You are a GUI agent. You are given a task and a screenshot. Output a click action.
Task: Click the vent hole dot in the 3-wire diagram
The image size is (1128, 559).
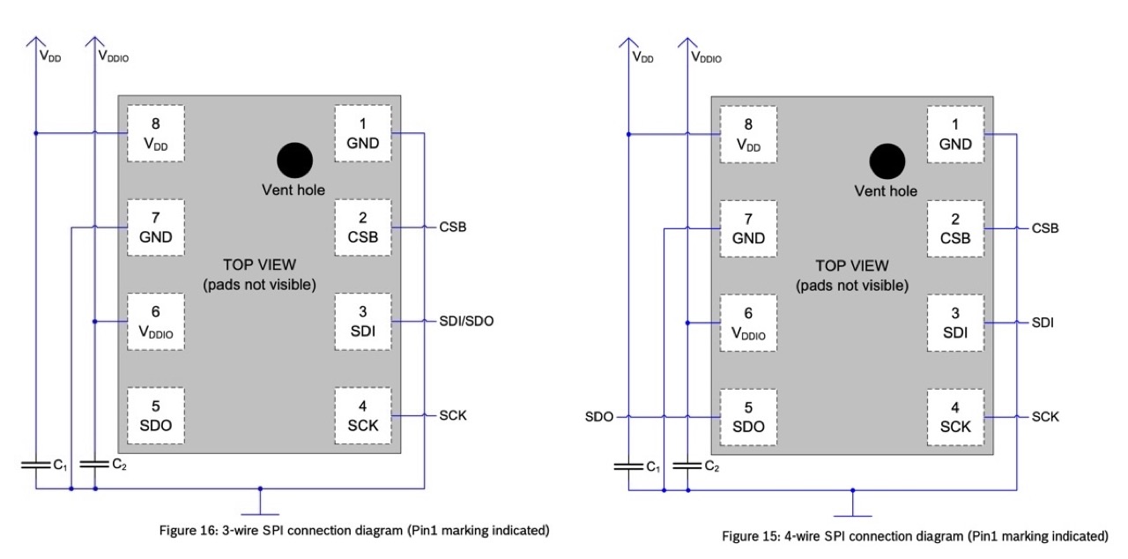pos(294,160)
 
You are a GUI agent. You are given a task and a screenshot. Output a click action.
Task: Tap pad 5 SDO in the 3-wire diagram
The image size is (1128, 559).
pos(155,416)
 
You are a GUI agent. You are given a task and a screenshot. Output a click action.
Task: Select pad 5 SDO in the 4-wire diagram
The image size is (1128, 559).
pos(747,416)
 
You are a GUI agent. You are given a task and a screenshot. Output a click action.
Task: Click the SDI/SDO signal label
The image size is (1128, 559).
pos(466,321)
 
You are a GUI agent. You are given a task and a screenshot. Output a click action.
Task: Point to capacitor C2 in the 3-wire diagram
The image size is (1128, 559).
pos(94,463)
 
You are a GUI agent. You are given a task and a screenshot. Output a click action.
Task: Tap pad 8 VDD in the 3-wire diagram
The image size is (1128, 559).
pos(155,133)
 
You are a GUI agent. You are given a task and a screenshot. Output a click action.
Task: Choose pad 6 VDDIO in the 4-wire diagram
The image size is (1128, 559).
pos(747,323)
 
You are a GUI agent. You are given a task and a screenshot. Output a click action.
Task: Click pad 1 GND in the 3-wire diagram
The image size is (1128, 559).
pos(362,133)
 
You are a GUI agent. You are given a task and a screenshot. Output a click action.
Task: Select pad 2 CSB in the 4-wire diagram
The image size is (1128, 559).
pos(954,227)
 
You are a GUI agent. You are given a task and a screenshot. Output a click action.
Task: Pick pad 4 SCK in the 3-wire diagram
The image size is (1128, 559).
pos(362,416)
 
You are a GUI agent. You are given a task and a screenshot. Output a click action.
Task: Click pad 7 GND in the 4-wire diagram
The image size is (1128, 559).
pos(747,227)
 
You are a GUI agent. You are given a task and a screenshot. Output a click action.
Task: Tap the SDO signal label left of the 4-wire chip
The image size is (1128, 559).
pos(599,416)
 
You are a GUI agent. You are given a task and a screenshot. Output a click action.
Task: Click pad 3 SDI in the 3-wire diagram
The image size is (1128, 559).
pos(362,322)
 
